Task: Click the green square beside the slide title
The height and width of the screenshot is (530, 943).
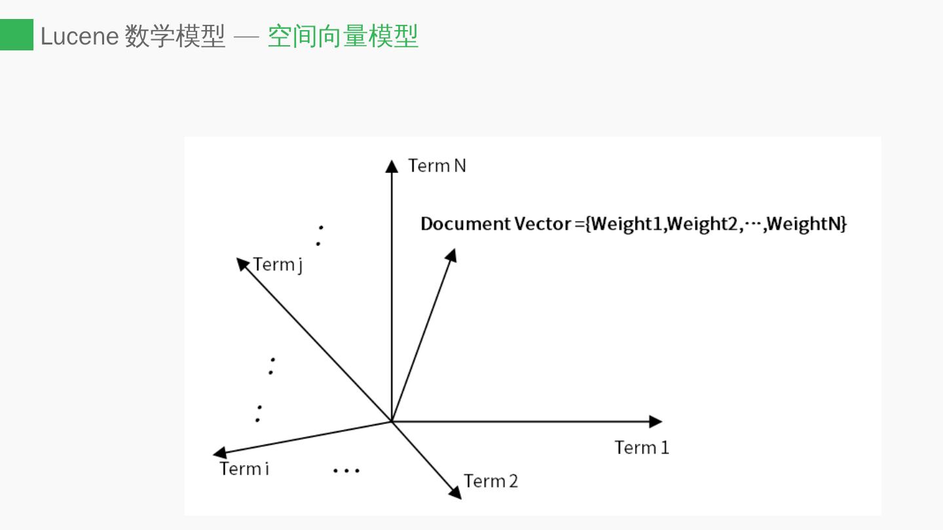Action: coord(16,35)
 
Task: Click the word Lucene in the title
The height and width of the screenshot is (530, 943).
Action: coord(79,37)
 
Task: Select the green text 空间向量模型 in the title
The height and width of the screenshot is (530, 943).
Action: coord(342,37)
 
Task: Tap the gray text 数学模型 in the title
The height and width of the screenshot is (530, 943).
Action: coord(175,37)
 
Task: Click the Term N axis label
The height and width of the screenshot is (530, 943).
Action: coord(437,166)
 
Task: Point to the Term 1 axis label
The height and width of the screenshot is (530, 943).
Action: coord(642,448)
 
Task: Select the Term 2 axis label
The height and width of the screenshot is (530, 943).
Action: coord(490,482)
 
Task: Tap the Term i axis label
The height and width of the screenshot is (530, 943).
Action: coord(244,469)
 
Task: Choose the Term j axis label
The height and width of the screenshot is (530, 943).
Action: coord(278,265)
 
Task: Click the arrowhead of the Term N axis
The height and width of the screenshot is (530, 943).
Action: coord(392,166)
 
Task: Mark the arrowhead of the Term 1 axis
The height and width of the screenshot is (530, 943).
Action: coord(656,421)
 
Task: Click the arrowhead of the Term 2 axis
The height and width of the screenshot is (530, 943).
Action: coord(455,492)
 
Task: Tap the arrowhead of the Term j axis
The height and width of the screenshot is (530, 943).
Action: coord(242,263)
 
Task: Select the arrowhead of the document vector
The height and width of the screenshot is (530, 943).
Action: coord(451,255)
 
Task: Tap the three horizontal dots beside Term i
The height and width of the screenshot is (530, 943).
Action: coord(346,470)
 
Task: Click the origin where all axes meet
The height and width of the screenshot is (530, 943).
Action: coord(392,421)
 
